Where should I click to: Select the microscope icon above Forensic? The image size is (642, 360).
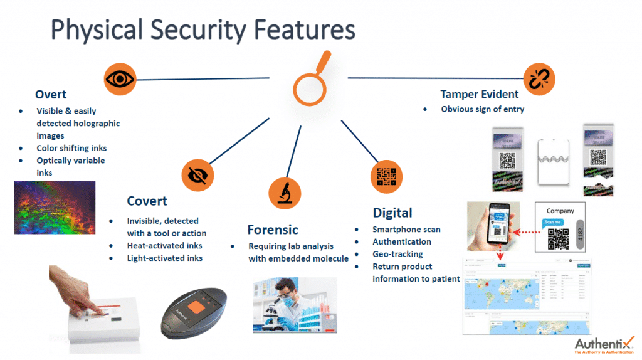pyautogui.click(x=284, y=193)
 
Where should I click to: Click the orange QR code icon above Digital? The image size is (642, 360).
pyautogui.click(x=386, y=177)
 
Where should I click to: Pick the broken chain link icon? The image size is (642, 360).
pyautogui.click(x=539, y=79)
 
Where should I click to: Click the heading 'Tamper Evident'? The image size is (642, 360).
pyautogui.click(x=479, y=94)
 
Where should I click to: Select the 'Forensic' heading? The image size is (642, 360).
pyautogui.click(x=272, y=230)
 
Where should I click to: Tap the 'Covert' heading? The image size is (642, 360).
pyautogui.click(x=147, y=201)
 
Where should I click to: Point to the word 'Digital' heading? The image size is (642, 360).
pyautogui.click(x=392, y=213)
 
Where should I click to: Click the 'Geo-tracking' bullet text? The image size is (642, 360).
pyautogui.click(x=397, y=254)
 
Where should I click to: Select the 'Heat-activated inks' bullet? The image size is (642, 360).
pyautogui.click(x=164, y=245)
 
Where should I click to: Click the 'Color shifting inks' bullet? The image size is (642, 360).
pyautogui.click(x=71, y=148)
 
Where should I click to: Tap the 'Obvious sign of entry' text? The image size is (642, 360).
pyautogui.click(x=482, y=109)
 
